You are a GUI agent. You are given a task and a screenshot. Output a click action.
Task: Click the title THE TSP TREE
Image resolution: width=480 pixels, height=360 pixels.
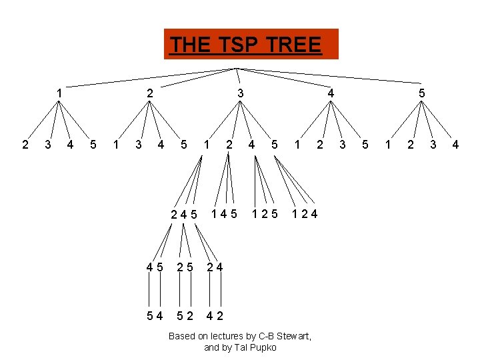[x=245, y=45]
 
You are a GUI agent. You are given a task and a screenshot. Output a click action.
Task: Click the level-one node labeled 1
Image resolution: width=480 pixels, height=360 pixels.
[x=60, y=94]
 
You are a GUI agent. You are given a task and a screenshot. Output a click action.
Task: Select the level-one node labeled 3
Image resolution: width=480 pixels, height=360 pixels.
[x=241, y=94]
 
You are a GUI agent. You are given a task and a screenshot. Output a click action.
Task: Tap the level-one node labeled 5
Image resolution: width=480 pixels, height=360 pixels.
[x=421, y=94]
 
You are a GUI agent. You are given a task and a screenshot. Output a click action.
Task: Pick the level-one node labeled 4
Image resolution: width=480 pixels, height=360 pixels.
[x=331, y=94]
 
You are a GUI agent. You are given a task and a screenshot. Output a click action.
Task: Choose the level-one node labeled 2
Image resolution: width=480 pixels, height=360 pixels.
[x=150, y=94]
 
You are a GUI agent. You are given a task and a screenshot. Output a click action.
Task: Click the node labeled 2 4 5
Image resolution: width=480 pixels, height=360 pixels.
[x=184, y=215]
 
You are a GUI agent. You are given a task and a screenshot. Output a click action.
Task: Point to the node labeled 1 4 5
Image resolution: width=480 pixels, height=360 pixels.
[x=225, y=214]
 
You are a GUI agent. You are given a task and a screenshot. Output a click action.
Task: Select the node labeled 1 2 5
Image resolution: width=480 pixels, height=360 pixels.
[x=265, y=214]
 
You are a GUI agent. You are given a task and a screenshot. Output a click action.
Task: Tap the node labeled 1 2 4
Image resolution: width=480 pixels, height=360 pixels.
[x=305, y=214]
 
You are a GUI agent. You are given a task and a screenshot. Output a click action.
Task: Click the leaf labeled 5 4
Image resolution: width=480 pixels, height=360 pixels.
[x=155, y=315]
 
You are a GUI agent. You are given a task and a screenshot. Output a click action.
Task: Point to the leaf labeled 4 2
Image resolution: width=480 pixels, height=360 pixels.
[x=215, y=315]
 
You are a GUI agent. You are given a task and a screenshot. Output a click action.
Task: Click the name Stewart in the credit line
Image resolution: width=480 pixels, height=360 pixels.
[x=294, y=336]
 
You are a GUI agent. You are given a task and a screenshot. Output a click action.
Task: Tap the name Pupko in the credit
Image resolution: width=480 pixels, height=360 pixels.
[x=263, y=347]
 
